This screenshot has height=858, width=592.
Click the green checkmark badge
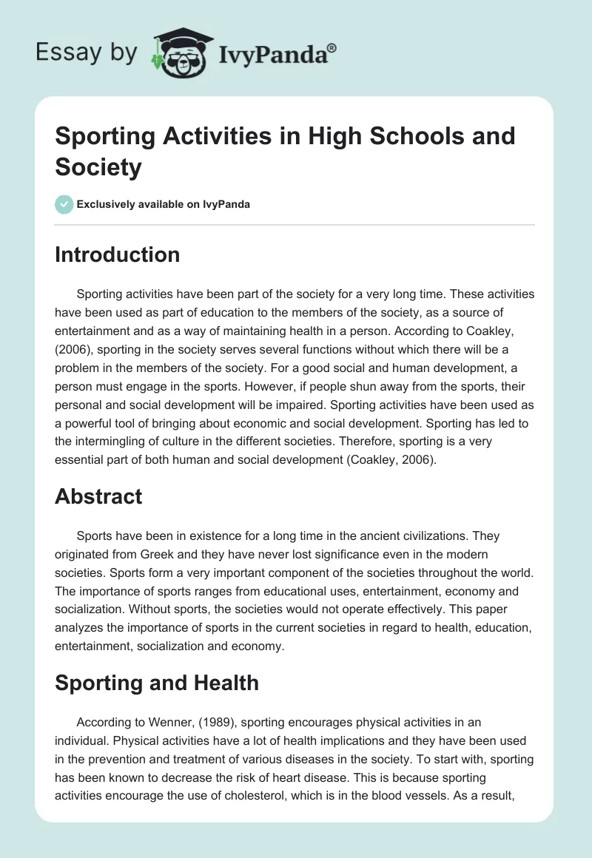click(x=64, y=204)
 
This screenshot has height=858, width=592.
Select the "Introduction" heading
click(x=117, y=254)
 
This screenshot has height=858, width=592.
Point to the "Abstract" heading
click(x=98, y=496)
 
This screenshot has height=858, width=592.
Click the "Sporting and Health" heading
click(x=157, y=682)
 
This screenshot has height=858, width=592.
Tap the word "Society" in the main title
click(x=98, y=167)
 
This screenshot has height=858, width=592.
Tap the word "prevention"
click(x=113, y=759)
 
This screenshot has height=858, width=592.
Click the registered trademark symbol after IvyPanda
click(x=333, y=47)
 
